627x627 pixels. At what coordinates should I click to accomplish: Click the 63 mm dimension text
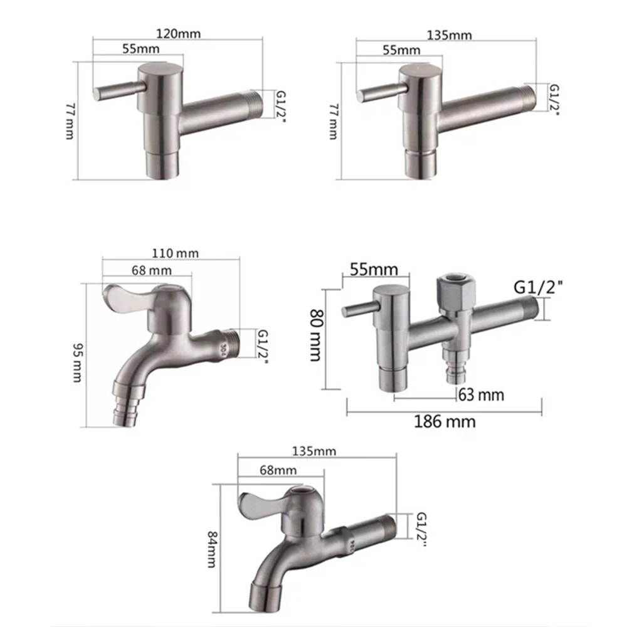[x=480, y=395]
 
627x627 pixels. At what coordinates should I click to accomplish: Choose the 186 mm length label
[x=444, y=421]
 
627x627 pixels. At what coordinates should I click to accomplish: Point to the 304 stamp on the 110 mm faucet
[x=223, y=347]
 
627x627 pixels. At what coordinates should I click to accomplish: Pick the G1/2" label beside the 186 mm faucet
[x=538, y=287]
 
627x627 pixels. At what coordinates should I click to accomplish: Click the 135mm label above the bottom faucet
[x=317, y=451]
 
